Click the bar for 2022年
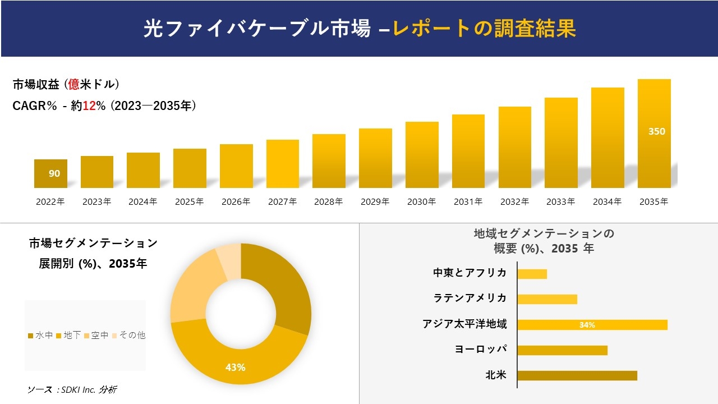(50, 173)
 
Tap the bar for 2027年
(283, 164)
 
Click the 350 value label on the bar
(656, 131)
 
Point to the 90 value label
(54, 173)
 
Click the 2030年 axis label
(421, 202)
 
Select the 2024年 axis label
(143, 202)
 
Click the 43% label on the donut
(235, 368)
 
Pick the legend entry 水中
(40, 336)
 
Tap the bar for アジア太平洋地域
(592, 325)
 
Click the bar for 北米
(577, 375)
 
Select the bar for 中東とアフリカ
(532, 274)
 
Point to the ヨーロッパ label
(481, 350)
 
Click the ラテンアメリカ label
(470, 299)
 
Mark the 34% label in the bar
(587, 325)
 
